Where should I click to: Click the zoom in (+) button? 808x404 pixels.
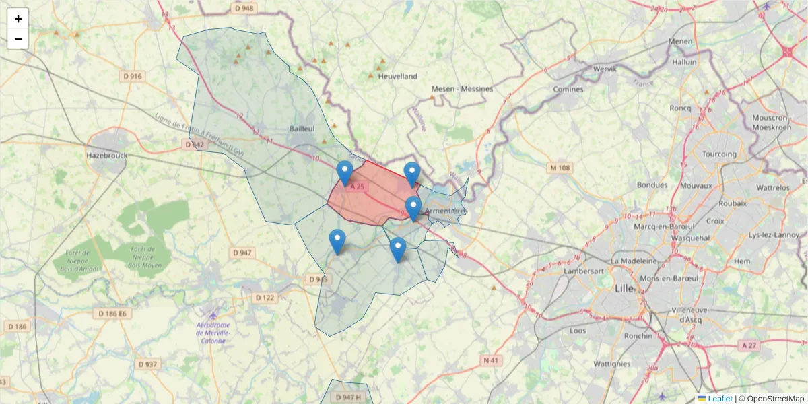click(x=18, y=19)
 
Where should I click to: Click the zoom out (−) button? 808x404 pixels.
click(x=18, y=39)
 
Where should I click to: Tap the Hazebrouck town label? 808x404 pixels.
click(x=106, y=155)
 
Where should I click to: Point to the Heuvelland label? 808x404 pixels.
click(x=398, y=77)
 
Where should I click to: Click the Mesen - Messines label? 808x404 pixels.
click(x=462, y=89)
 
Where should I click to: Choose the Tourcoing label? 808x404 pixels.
click(x=719, y=154)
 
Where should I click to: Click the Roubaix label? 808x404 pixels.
click(x=733, y=203)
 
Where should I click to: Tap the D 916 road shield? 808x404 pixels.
click(x=133, y=76)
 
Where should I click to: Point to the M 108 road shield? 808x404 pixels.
click(x=560, y=168)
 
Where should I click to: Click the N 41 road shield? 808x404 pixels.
click(x=492, y=361)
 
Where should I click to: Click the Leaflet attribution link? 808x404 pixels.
click(x=720, y=399)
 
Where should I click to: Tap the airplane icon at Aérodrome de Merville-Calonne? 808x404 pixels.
click(x=213, y=315)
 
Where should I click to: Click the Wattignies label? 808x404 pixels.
click(x=612, y=364)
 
